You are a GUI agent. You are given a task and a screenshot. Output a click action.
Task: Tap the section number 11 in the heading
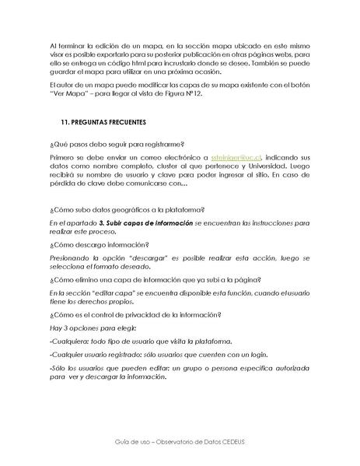coord(65,123)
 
